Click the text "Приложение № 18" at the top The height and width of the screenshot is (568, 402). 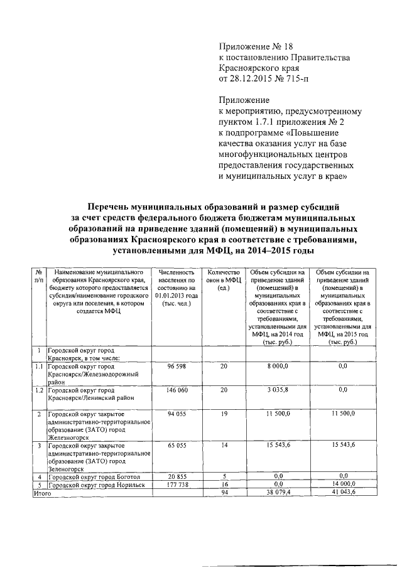point(256,46)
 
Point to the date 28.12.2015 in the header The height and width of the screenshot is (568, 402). point(256,78)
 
